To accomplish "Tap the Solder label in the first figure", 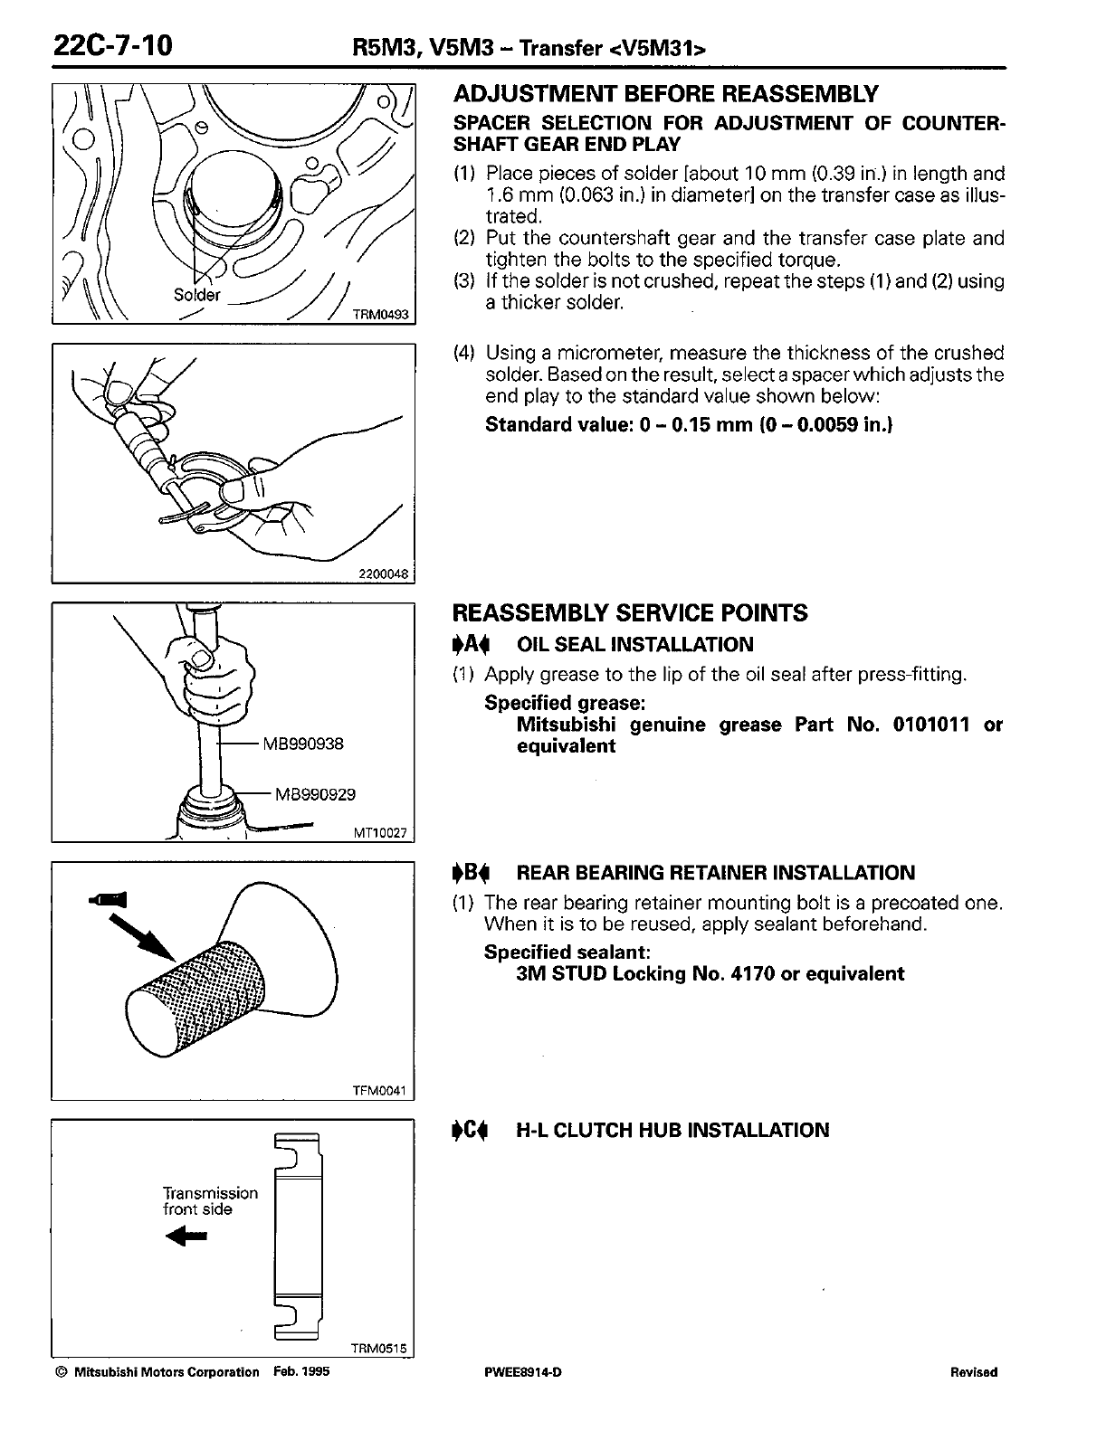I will pyautogui.click(x=196, y=295).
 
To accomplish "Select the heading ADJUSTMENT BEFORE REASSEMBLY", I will pyautogui.click(x=665, y=94).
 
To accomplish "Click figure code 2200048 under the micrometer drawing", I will pyautogui.click(x=384, y=573).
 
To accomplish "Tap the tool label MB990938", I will pyautogui.click(x=303, y=744).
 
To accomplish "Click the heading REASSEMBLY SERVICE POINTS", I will pyautogui.click(x=630, y=613).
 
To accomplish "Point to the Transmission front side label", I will pyautogui.click(x=210, y=1201).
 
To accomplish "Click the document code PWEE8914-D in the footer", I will pyautogui.click(x=523, y=1372).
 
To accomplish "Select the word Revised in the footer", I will pyautogui.click(x=974, y=1372).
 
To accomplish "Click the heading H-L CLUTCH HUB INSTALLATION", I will pyautogui.click(x=672, y=1130).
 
